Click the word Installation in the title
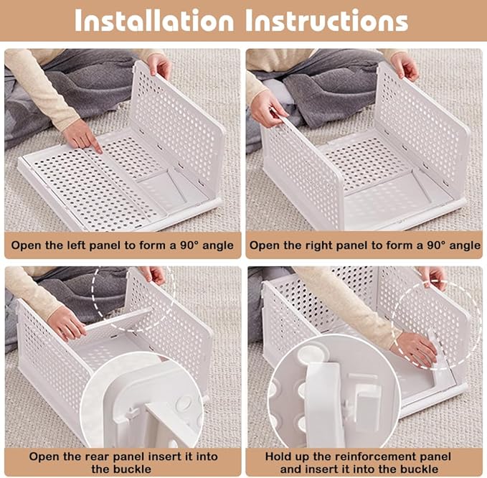click(x=154, y=21)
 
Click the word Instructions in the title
click(x=327, y=21)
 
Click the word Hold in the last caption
click(x=277, y=456)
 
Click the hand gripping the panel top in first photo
click(x=159, y=65)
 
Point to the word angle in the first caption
click(x=218, y=246)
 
